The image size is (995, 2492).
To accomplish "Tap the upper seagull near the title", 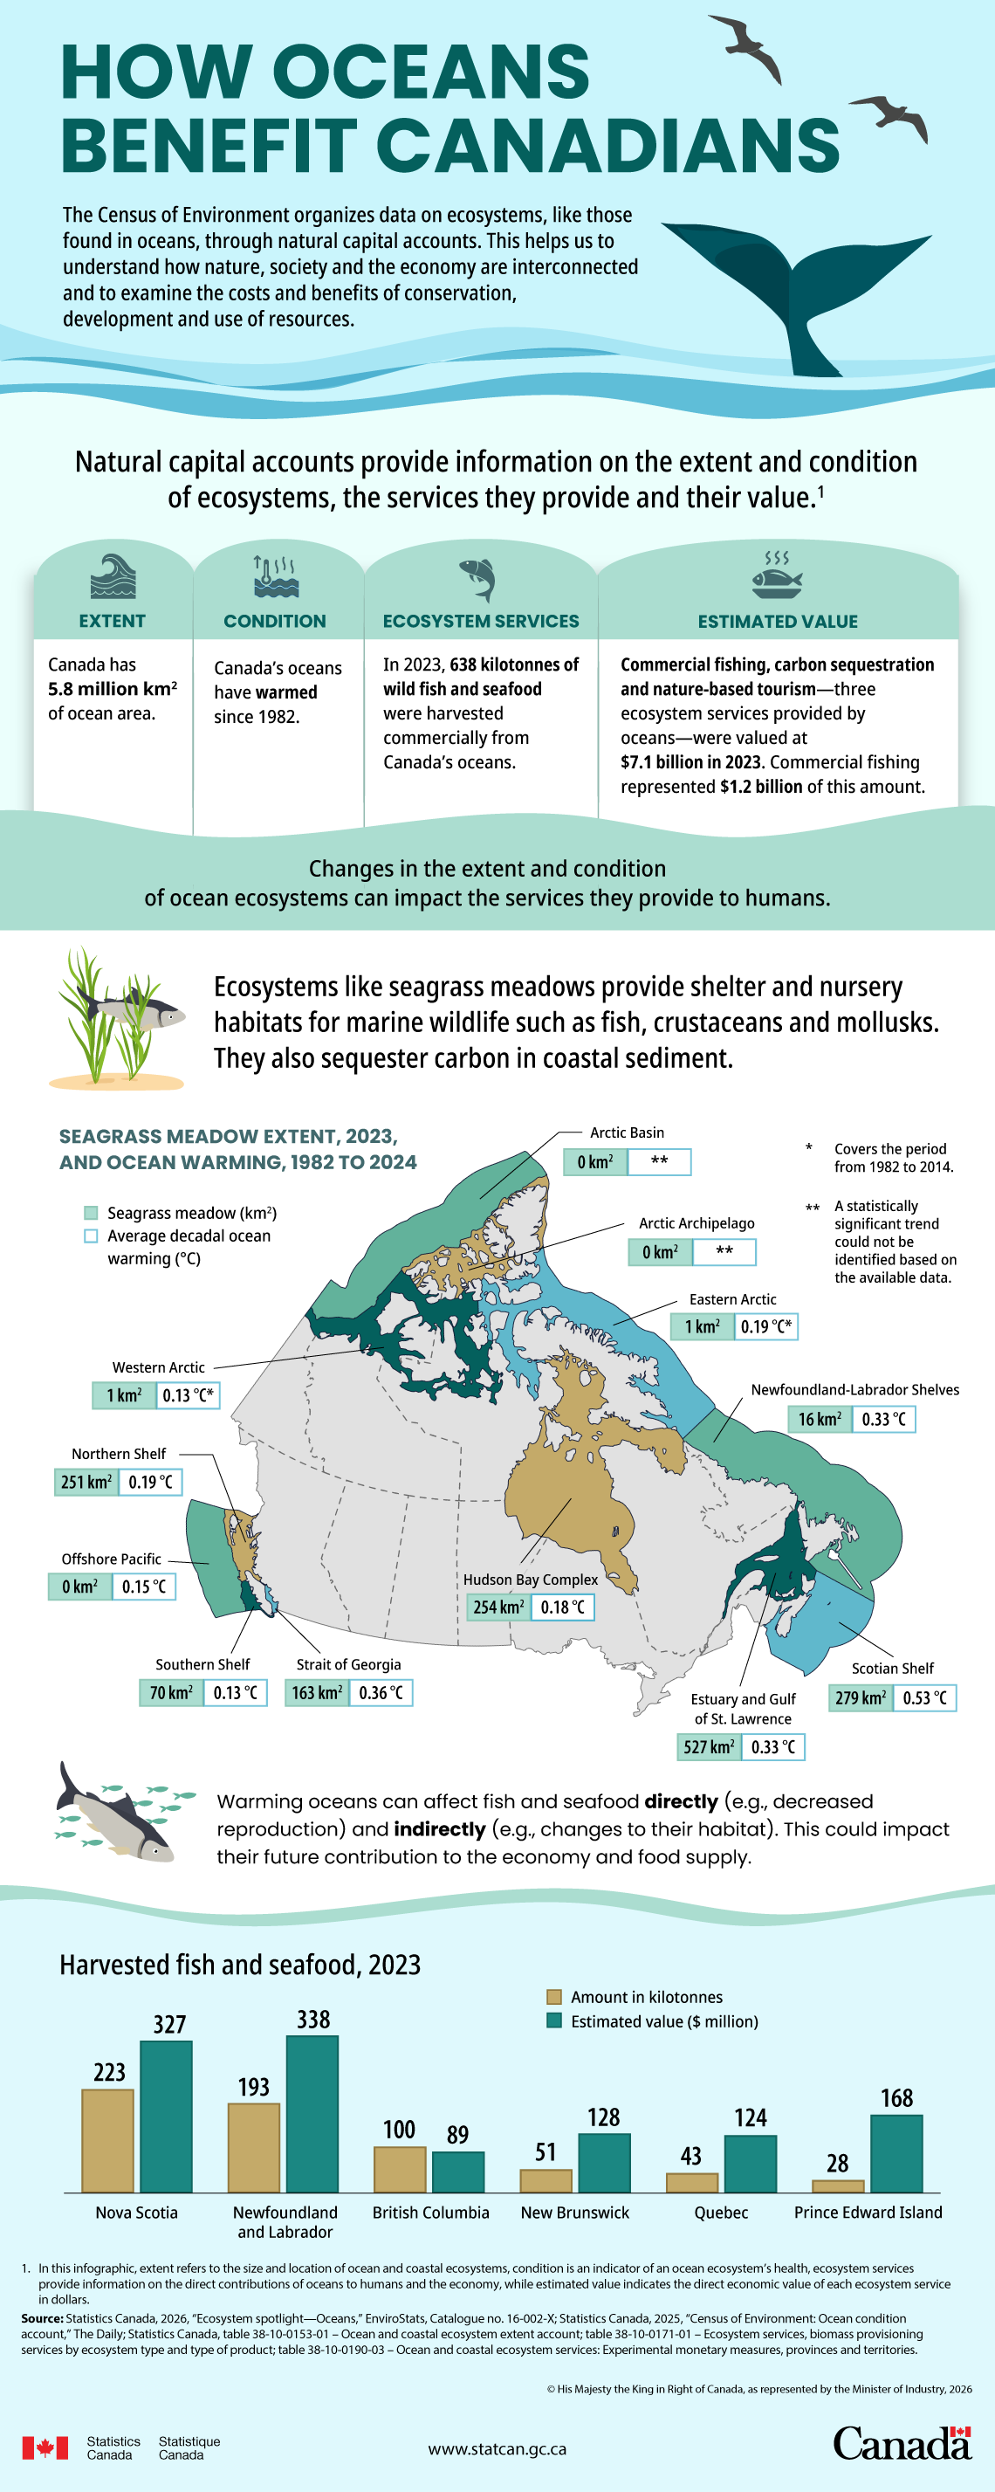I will click(x=746, y=44).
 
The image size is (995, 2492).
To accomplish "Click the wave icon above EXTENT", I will click(x=113, y=577).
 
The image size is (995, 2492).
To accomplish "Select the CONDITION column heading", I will click(x=275, y=621).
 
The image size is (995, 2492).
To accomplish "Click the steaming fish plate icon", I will click(x=777, y=577).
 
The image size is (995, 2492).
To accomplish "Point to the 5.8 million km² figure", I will click(x=113, y=689).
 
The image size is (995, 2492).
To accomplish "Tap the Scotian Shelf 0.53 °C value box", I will click(x=923, y=1697).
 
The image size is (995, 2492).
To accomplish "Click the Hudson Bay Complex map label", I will click(x=530, y=1579).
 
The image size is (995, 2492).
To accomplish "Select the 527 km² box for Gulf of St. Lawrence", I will click(x=709, y=1746).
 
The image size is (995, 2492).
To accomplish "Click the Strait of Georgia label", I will click(x=348, y=1664).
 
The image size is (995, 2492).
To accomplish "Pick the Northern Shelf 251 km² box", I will click(x=86, y=1482).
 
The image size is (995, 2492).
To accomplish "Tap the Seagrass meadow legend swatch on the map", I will click(x=91, y=1213).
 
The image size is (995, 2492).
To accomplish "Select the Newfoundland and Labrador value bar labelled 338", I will click(x=312, y=2114).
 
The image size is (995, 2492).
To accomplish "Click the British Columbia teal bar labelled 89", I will click(x=457, y=2172).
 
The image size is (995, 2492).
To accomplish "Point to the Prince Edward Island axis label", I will click(x=868, y=2213).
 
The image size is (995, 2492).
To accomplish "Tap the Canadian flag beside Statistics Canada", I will click(x=45, y=2447).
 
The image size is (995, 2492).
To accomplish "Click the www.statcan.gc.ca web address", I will click(x=497, y=2448).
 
